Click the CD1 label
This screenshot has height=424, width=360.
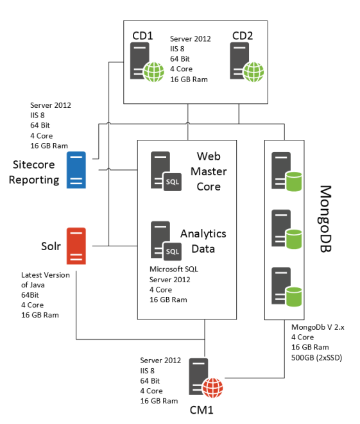142,36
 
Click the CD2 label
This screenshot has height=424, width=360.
243,36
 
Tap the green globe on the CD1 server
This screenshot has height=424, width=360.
154,72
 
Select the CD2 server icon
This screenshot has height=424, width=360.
246,62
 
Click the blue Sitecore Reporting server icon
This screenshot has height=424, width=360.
76,170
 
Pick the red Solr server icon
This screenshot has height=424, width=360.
76,246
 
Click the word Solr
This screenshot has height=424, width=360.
51,246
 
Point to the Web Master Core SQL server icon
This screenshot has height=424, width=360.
166,171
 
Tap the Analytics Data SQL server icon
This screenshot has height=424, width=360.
166,241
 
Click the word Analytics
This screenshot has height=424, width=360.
203,234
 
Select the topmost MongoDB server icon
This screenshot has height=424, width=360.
287,172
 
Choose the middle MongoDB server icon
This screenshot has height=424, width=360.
287,229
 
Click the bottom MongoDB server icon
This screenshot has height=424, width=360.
287,287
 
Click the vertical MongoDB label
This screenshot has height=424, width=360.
325,219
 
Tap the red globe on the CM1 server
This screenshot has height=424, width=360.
213,388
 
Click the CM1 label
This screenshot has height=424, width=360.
201,410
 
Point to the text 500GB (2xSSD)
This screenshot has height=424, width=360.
317,358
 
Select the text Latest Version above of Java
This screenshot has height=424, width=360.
46,275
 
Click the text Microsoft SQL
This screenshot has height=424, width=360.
174,269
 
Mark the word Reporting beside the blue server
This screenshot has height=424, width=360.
34,180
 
